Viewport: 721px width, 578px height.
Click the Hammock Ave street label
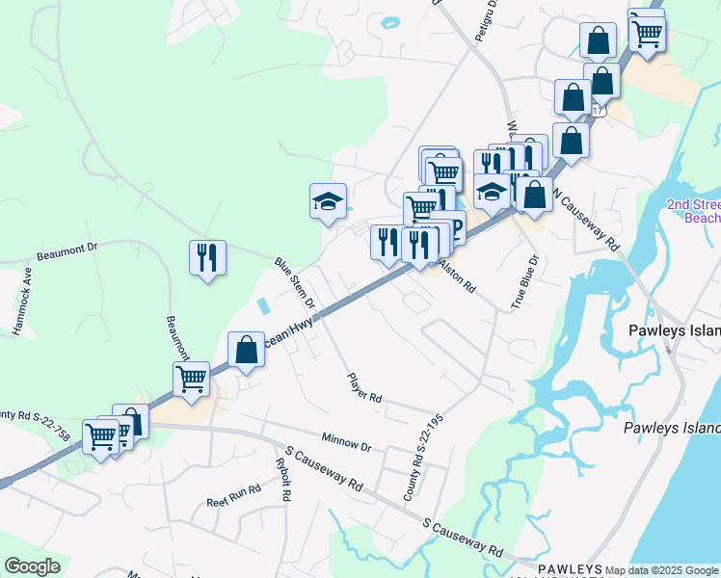21,307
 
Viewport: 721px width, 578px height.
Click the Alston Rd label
458,275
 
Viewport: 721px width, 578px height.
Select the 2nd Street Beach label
694,211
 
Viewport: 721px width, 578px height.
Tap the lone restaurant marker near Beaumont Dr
207,257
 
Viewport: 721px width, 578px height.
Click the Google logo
31,566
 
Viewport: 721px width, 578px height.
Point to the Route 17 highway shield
600,112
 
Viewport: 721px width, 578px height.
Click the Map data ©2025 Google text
661,570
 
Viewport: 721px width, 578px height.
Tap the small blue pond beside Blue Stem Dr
263,306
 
